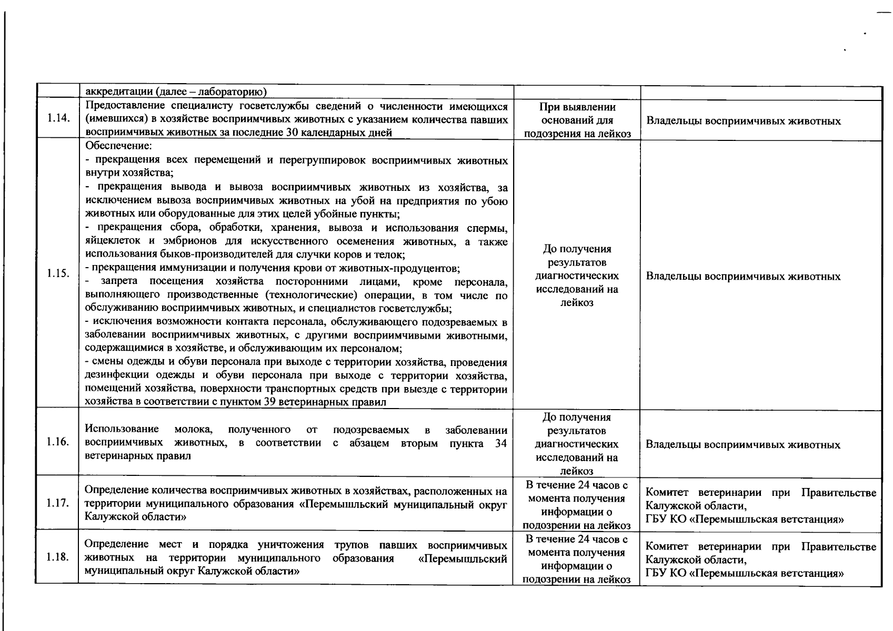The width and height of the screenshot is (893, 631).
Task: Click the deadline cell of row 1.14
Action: coord(577,120)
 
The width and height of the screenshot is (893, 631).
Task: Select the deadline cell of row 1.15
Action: coord(577,276)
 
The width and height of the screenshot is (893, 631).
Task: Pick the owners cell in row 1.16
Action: coord(743,445)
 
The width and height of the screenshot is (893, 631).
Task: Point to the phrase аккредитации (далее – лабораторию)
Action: coord(176,93)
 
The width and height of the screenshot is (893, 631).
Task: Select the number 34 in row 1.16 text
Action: coord(501,443)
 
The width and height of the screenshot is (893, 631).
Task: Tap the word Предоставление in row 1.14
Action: coord(122,107)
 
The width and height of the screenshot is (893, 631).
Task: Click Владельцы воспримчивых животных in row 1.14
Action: coord(743,121)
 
